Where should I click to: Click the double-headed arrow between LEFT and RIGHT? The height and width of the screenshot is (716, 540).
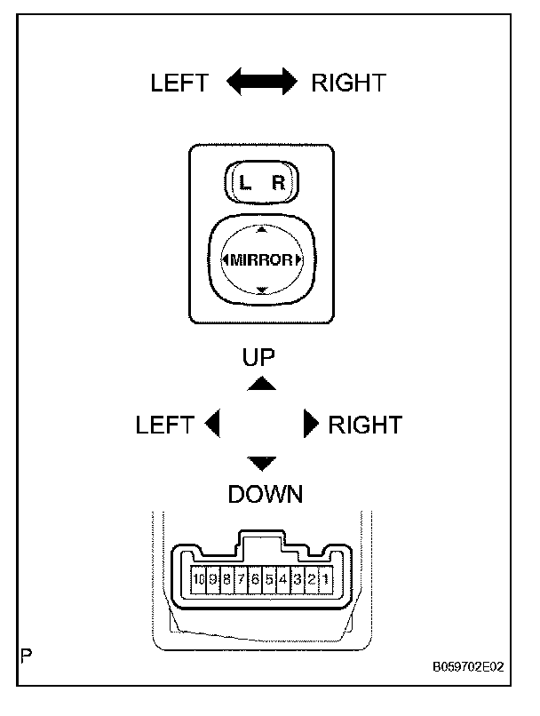click(261, 84)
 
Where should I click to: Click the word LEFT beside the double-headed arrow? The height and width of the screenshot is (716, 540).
click(179, 84)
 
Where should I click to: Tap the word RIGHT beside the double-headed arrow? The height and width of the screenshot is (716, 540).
click(348, 84)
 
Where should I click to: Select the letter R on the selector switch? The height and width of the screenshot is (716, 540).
click(278, 184)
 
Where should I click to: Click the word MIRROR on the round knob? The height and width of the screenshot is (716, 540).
click(261, 259)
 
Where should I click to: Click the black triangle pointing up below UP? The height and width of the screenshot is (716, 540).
click(261, 383)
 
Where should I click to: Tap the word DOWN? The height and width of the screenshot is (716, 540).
click(265, 495)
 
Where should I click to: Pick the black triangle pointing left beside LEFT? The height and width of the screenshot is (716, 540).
click(212, 425)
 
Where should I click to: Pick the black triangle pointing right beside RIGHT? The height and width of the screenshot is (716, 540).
click(310, 425)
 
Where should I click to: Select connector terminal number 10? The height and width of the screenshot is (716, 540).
click(198, 579)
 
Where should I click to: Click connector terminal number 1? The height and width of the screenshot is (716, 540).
click(326, 579)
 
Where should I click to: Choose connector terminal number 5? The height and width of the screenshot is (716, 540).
click(269, 579)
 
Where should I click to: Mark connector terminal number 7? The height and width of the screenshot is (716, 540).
click(241, 579)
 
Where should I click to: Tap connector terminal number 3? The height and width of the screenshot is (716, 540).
click(298, 579)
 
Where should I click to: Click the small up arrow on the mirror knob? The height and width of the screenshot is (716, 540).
click(261, 229)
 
